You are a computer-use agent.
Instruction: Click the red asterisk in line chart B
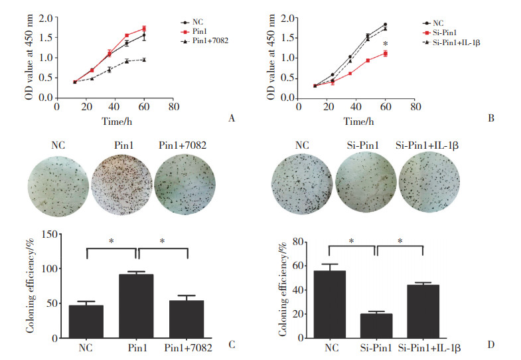[385, 45]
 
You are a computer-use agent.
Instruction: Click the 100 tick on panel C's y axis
[53, 269]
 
